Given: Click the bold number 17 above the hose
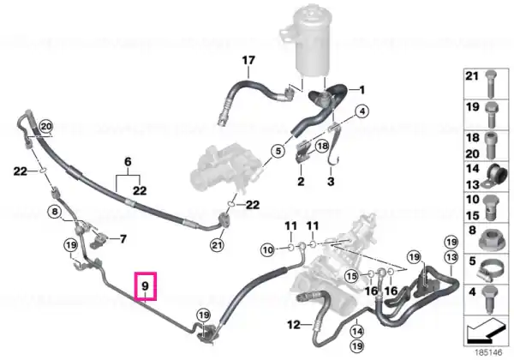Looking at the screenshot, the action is [x=248, y=61].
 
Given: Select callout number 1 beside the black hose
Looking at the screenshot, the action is [x=362, y=90].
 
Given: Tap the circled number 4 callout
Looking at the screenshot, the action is [x=362, y=111].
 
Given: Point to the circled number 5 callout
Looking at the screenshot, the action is [x=278, y=151].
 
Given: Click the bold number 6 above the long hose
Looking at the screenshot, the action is [x=128, y=162].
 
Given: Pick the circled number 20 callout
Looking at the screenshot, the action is [x=46, y=126].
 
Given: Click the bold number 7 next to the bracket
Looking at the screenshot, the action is [x=123, y=238].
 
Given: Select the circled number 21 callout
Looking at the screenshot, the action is [x=217, y=245].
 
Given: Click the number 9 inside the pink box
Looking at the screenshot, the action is [x=146, y=286].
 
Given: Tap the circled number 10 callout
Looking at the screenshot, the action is [x=268, y=250].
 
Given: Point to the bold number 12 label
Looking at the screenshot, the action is [x=293, y=325].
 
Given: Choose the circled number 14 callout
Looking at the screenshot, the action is [x=357, y=332].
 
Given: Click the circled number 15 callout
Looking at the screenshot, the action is [x=352, y=276].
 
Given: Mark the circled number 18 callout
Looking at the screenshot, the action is [x=323, y=146].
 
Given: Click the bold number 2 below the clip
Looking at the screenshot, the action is [x=301, y=182].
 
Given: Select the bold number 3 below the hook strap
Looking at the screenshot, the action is [x=331, y=182].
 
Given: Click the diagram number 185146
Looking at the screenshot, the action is [x=489, y=353].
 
